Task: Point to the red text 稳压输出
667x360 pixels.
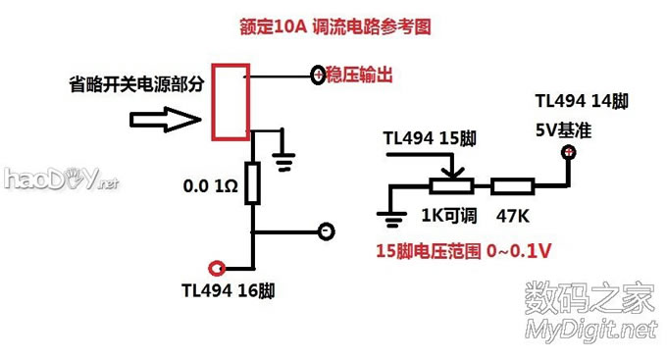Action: tap(360, 75)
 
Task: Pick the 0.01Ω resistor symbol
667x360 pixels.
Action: tap(254, 183)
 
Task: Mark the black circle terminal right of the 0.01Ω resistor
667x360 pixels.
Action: tap(327, 231)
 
